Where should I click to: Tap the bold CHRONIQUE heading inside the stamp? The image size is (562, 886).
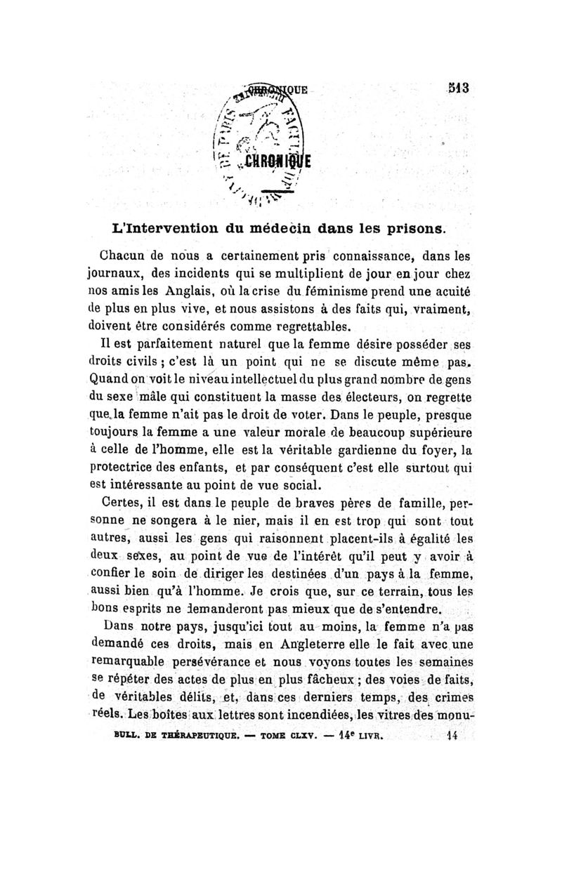pos(281,158)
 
